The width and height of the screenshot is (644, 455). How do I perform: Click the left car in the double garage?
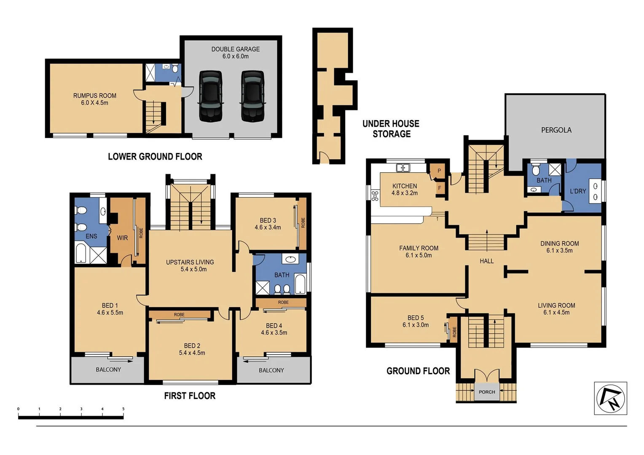pyautogui.click(x=210, y=96)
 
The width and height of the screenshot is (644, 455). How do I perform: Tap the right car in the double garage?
pyautogui.click(x=253, y=96)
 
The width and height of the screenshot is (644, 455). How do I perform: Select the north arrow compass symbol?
pyautogui.click(x=610, y=399)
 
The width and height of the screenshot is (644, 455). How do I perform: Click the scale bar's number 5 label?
pyautogui.click(x=123, y=409)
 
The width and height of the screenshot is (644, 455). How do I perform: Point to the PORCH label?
pyautogui.click(x=487, y=392)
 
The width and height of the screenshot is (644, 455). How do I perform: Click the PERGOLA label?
pyautogui.click(x=556, y=130)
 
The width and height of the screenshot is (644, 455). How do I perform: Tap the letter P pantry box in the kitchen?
pyautogui.click(x=439, y=171)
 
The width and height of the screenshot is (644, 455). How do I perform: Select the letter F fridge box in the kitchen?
pyautogui.click(x=440, y=188)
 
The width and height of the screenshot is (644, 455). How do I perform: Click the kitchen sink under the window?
pyautogui.click(x=403, y=168)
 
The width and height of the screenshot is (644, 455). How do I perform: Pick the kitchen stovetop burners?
pyautogui.click(x=375, y=195)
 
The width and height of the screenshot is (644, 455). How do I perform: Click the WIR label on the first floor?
pyautogui.click(x=122, y=238)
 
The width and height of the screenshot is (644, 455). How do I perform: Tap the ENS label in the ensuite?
pyautogui.click(x=91, y=236)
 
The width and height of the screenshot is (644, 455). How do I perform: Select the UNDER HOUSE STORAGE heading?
pyautogui.click(x=391, y=129)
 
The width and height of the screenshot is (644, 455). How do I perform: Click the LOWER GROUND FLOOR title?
pyautogui.click(x=155, y=157)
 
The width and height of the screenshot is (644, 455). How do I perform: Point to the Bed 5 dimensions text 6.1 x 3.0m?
pyautogui.click(x=416, y=325)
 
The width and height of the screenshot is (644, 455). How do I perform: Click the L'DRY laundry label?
pyautogui.click(x=578, y=191)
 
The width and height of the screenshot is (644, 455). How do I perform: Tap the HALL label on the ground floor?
pyautogui.click(x=486, y=261)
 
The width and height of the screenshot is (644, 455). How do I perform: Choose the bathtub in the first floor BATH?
pyautogui.click(x=300, y=285)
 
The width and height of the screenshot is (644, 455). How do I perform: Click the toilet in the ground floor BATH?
pyautogui.click(x=536, y=170)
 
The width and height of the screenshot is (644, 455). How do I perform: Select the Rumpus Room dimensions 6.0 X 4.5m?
pyautogui.click(x=95, y=103)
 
